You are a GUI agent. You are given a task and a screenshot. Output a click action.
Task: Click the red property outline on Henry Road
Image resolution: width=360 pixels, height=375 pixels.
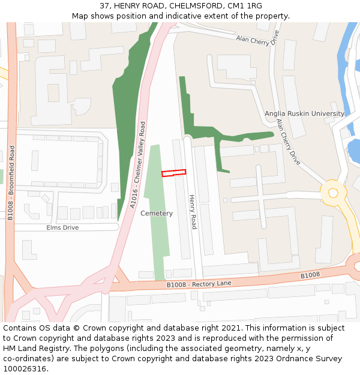click(173, 173)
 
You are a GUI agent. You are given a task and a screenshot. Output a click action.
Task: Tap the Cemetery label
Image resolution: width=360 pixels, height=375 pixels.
click(157, 214)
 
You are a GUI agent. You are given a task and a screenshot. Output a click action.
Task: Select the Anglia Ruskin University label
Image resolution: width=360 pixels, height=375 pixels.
click(304, 113)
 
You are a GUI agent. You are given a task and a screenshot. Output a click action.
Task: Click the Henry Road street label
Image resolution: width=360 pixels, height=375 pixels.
click(193, 212)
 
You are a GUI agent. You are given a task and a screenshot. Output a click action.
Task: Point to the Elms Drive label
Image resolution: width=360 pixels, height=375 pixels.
click(62, 228)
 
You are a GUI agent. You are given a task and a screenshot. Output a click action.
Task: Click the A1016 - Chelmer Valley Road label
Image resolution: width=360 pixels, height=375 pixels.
click(138, 165)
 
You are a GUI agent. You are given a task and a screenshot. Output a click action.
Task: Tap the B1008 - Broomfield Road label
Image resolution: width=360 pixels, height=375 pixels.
click(11, 183)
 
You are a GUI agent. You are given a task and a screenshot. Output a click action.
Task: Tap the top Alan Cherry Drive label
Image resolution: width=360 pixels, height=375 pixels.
click(258, 40)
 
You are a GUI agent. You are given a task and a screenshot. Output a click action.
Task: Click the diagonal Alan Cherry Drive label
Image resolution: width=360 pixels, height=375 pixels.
click(289, 142)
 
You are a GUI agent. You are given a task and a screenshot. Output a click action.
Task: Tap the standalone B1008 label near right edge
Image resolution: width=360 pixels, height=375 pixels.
click(310, 275)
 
